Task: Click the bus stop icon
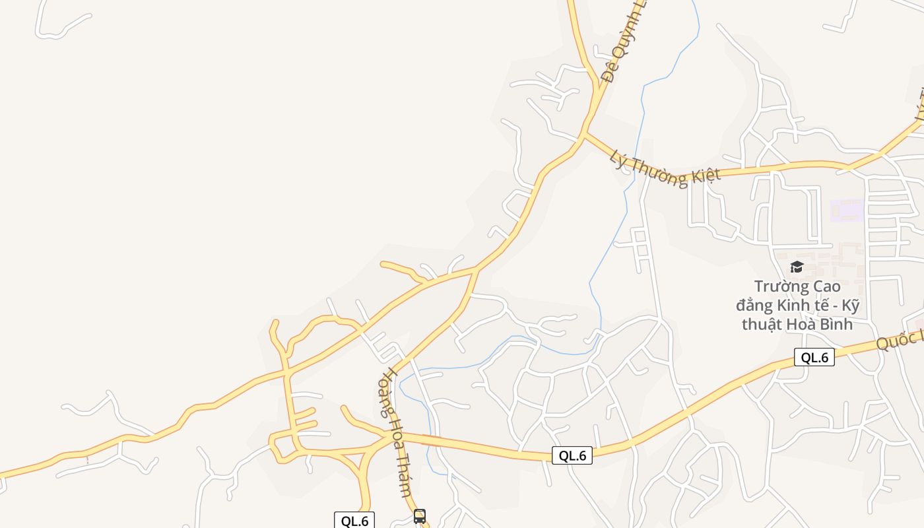pyautogui.click(x=420, y=516)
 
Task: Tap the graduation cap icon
pyautogui.click(x=797, y=267)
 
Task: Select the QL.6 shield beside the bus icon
pyautogui.click(x=354, y=521)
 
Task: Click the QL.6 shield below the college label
pyautogui.click(x=814, y=358)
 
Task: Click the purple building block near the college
pyautogui.click(x=847, y=211)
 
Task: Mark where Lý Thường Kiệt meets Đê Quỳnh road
pyautogui.click(x=583, y=136)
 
